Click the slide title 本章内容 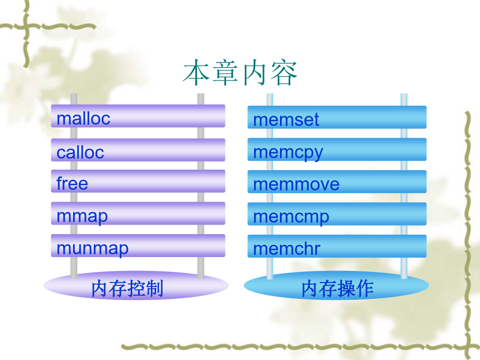click(240, 73)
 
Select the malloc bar click(138, 116)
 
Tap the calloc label click(80, 152)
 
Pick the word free click(72, 183)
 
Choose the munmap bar click(138, 246)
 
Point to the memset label click(286, 119)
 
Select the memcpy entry click(288, 153)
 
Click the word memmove click(297, 185)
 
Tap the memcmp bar click(337, 214)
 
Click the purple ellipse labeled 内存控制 click(136, 285)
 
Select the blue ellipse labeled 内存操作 click(337, 285)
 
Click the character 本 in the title click(196, 73)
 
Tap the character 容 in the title click(284, 73)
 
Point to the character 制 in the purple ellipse click(154, 289)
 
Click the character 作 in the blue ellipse click(364, 289)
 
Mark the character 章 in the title click(225, 73)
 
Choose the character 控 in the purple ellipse click(137, 289)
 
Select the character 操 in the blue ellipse click(347, 289)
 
